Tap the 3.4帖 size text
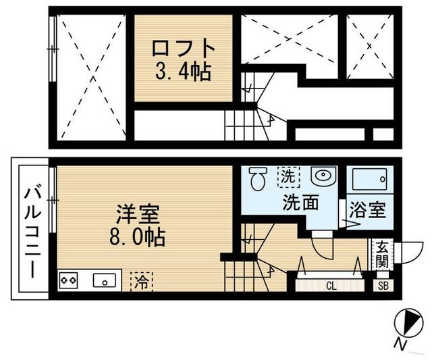pos(184,72)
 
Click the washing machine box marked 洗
pos(288,177)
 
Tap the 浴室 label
pos(369,210)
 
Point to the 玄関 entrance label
pos(382,255)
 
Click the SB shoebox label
pos(383,286)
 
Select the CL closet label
pos(331,286)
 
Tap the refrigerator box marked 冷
pos(142,279)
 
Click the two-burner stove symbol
pos(70,279)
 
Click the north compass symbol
pos(408,321)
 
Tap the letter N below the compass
pos(402,346)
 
